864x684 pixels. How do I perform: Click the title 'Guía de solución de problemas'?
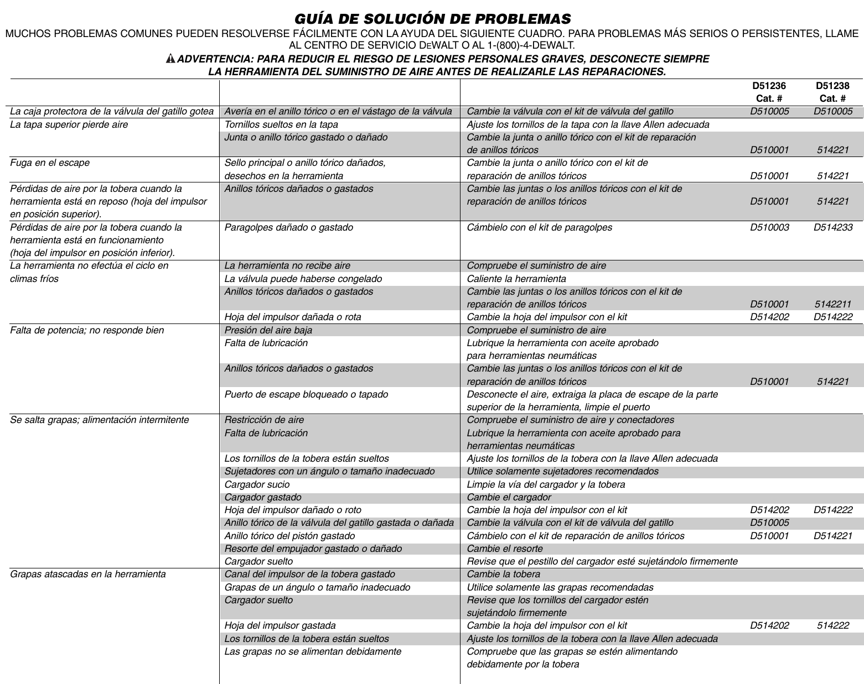click(x=432, y=18)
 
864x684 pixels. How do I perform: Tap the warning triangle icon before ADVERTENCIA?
click(x=170, y=59)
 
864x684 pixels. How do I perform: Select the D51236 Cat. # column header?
click(x=769, y=92)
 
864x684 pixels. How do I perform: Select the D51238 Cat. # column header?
click(x=832, y=92)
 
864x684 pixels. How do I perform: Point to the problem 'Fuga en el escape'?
click(x=50, y=163)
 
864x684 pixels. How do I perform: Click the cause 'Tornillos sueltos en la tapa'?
click(x=281, y=124)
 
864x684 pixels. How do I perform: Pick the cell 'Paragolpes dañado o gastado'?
click(x=288, y=227)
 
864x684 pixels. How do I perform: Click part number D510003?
click(x=769, y=227)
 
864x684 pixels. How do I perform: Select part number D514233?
click(x=832, y=227)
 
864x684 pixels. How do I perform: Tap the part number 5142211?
click(x=832, y=304)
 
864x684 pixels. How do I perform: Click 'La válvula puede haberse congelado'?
click(x=303, y=279)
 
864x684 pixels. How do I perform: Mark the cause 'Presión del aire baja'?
click(x=268, y=330)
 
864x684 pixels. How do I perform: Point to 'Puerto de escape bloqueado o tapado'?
click(x=306, y=394)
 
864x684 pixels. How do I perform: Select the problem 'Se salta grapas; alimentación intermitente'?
click(x=100, y=420)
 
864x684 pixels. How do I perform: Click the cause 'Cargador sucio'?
click(x=257, y=484)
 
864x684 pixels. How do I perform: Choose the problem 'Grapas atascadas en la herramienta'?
click(x=88, y=574)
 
